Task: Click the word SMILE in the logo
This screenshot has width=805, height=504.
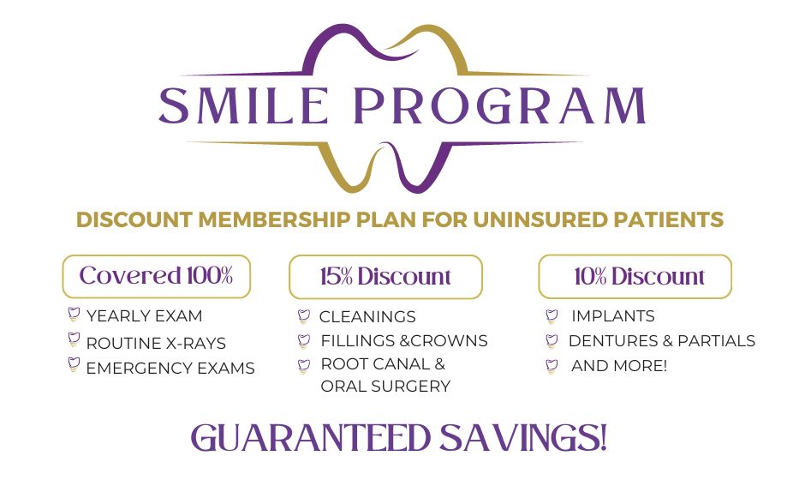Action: [x=244, y=105]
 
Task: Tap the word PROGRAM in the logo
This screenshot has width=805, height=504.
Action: [x=500, y=105]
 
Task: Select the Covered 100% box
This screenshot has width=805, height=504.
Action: [x=157, y=276]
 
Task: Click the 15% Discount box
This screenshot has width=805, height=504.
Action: [x=385, y=277]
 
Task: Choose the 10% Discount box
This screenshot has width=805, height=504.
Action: [x=635, y=276]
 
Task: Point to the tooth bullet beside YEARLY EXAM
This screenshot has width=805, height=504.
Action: [x=74, y=315]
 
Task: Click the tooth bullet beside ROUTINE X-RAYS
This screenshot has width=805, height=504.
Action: [x=74, y=339]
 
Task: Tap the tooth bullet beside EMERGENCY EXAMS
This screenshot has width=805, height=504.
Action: [x=74, y=365]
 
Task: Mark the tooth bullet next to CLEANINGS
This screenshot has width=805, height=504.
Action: [x=304, y=316]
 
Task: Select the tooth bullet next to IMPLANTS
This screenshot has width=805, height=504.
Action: [x=552, y=316]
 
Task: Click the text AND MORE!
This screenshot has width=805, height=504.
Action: [x=619, y=366]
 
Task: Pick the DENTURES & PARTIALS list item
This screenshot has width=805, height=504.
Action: [x=662, y=340]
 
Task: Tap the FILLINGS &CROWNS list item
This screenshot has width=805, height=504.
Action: [x=404, y=340]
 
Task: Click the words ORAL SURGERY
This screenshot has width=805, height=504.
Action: [x=385, y=386]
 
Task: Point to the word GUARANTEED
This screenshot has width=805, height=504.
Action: [x=310, y=438]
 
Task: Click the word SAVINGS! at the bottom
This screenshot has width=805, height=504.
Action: [x=523, y=438]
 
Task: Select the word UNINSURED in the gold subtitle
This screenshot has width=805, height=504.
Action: [x=540, y=219]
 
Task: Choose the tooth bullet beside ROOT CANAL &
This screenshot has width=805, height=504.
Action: [x=304, y=366]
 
